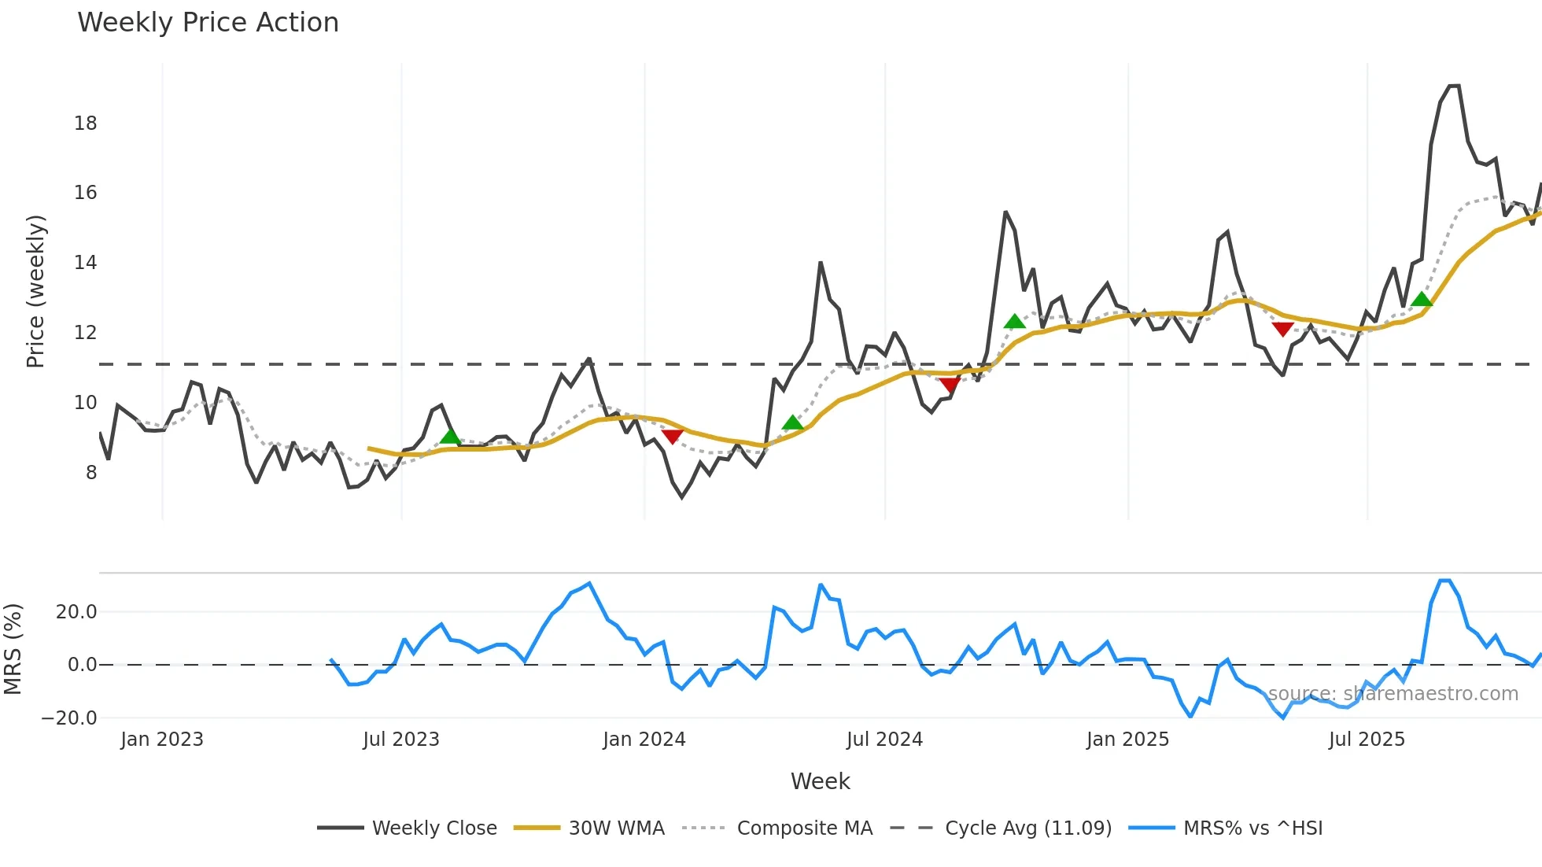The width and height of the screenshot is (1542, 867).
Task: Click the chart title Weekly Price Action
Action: pos(208,23)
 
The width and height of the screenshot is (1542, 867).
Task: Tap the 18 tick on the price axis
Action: pos(86,124)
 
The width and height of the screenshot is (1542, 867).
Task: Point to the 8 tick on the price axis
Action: pos(91,473)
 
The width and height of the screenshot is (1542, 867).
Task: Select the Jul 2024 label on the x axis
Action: pos(884,740)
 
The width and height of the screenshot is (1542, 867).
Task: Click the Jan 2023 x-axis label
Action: pos(162,740)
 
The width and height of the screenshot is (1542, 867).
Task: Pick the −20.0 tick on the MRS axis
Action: pos(69,718)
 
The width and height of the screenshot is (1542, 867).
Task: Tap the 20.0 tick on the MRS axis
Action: pos(76,612)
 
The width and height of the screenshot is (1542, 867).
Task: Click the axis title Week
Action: pos(820,781)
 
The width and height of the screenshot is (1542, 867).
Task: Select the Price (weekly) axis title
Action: pos(36,291)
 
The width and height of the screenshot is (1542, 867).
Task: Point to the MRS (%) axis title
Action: pos(13,649)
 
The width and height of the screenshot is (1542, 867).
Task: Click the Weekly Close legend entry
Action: pos(434,828)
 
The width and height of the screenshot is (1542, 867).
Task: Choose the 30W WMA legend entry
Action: pos(616,828)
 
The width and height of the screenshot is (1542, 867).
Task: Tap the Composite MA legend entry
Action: pos(804,828)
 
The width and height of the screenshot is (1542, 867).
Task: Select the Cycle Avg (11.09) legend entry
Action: pos(1027,828)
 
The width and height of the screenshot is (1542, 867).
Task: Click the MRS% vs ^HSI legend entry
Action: pos(1252,828)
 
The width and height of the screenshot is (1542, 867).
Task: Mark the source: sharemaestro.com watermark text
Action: pos(1393,694)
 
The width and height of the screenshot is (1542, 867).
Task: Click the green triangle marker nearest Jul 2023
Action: pos(450,437)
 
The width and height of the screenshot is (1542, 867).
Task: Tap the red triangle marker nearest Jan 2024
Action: pos(673,436)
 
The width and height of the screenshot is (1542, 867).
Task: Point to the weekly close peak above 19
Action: pos(1454,86)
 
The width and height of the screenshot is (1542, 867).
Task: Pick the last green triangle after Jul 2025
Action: pos(1422,299)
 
